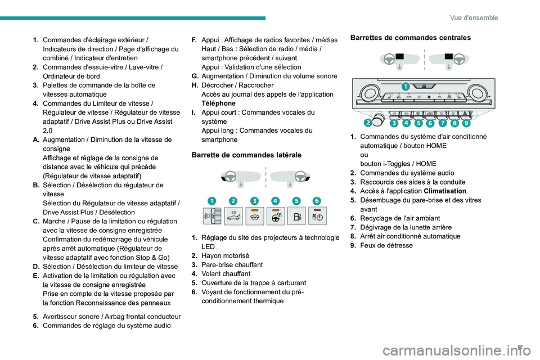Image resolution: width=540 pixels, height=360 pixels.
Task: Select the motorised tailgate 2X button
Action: [x=233, y=217]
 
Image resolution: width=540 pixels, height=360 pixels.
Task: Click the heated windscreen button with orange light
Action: [x=254, y=217]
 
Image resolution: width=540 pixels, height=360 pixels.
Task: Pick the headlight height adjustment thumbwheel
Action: [x=211, y=217]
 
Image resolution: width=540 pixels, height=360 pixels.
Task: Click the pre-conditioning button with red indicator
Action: [x=317, y=217]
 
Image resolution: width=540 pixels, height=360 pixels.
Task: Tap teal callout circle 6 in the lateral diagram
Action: [x=317, y=201]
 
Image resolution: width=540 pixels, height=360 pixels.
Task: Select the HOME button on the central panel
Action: [x=423, y=86]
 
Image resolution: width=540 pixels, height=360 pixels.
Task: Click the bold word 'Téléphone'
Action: [x=218, y=103]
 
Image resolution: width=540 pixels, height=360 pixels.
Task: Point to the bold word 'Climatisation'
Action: [x=444, y=191]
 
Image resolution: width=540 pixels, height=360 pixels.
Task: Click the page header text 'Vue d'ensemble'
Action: [x=474, y=17]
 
